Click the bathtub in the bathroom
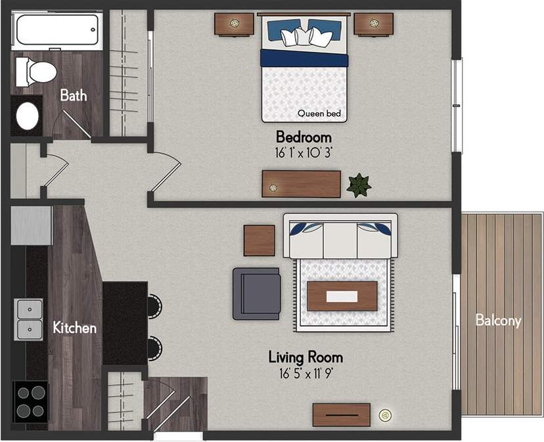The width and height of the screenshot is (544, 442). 58,30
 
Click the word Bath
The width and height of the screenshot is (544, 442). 73,95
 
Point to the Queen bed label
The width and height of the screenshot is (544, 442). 319,114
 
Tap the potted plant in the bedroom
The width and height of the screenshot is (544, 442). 359,185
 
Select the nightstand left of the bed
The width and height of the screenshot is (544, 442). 235,25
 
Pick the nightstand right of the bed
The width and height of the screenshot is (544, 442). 373,25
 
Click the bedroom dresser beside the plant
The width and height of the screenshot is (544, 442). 301,184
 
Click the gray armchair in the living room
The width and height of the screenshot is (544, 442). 256,293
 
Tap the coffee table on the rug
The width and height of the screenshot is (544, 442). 342,296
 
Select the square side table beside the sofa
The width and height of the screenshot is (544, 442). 260,240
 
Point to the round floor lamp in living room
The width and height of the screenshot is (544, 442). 386,414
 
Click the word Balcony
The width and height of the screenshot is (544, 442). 498,321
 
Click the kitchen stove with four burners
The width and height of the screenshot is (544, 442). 29,401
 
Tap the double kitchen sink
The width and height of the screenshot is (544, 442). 29,319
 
